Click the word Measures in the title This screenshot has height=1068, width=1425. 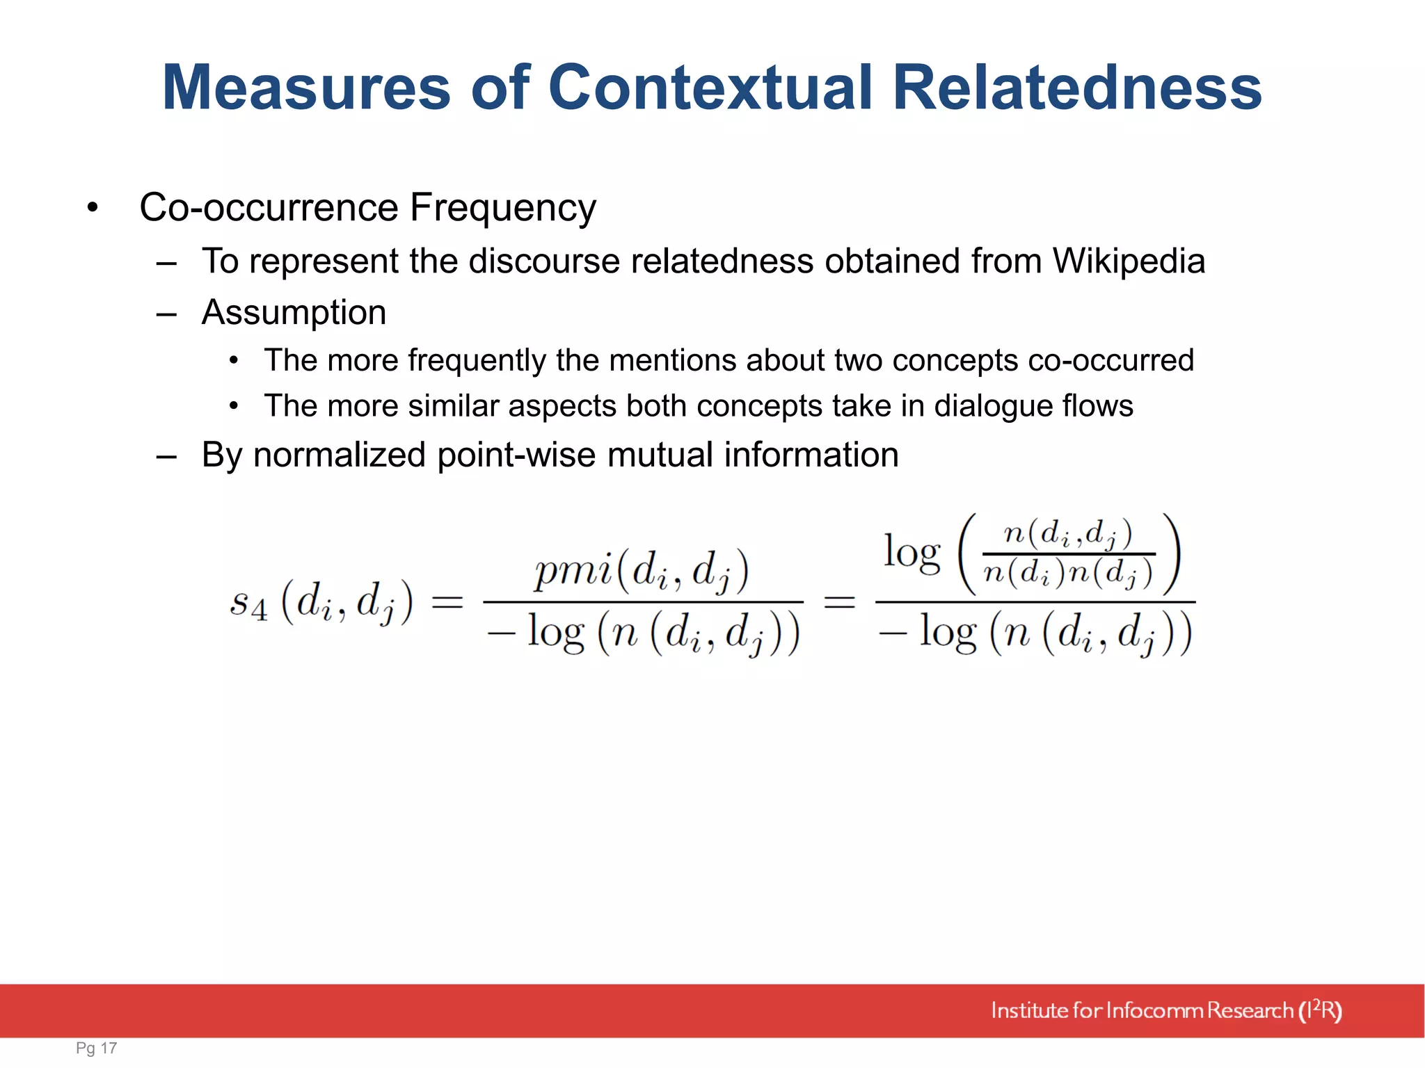[x=306, y=88]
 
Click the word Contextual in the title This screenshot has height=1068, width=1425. [x=710, y=88]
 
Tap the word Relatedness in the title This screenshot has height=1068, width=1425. [x=1076, y=88]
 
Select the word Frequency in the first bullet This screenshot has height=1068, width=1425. [x=502, y=208]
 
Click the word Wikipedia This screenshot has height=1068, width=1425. [x=1129, y=261]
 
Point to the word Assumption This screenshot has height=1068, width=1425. [x=294, y=312]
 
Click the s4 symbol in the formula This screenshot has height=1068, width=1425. [x=248, y=603]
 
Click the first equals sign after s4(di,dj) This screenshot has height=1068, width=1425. [x=447, y=601]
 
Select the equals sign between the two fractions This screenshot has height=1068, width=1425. [x=839, y=601]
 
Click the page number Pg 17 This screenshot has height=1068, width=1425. [x=97, y=1048]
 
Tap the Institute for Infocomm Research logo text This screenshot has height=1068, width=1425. [x=1165, y=1010]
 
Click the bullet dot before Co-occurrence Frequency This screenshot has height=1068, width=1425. [x=93, y=208]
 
